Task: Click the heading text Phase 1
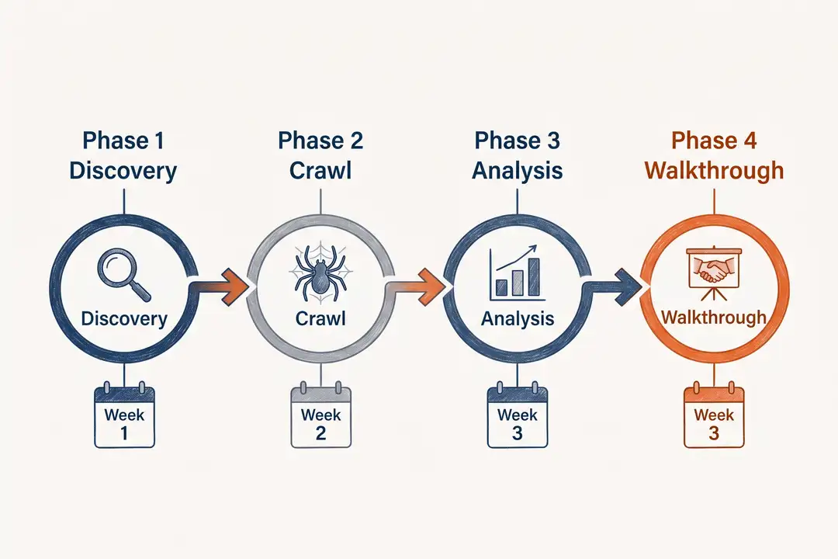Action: click(123, 141)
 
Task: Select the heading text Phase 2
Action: click(320, 141)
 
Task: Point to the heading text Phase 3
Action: click(517, 141)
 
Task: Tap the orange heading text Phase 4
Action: click(714, 141)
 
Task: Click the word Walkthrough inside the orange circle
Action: click(713, 318)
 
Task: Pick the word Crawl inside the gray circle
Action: click(320, 318)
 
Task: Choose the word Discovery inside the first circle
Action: click(124, 318)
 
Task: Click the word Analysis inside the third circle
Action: click(517, 318)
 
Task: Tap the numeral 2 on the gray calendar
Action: click(320, 433)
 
